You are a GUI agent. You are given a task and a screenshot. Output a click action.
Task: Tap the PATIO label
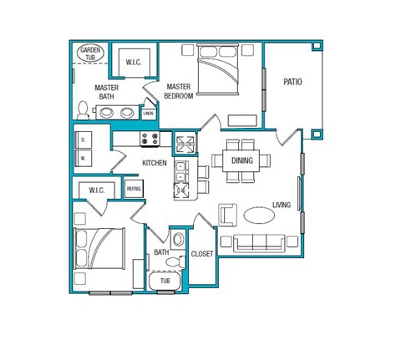[292, 82]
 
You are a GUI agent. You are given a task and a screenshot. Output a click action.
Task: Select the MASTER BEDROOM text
[179, 91]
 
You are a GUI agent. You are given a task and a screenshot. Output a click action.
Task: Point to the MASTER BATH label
[106, 92]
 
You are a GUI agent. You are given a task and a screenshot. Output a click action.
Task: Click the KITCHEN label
[155, 163]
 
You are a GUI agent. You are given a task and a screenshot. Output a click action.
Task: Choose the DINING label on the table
[242, 161]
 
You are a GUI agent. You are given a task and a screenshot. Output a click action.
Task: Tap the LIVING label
[282, 205]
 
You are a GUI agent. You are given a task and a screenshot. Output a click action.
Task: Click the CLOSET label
[202, 253]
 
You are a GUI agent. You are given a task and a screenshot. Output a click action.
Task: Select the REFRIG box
[134, 190]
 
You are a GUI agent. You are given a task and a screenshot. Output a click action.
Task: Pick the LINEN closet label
[148, 113]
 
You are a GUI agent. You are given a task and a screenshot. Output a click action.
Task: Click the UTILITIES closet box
[185, 144]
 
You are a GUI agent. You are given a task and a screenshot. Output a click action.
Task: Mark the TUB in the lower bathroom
[165, 281]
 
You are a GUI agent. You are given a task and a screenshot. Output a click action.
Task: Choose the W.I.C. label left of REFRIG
[96, 191]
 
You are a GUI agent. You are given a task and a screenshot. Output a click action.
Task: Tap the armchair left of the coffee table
[228, 215]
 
